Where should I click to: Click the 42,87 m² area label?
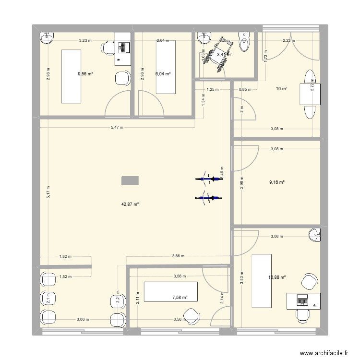pyautogui.click(x=130, y=204)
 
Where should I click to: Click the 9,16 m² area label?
pyautogui.click(x=277, y=182)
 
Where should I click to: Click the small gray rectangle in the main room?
pyautogui.click(x=130, y=180)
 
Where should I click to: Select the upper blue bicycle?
pyautogui.click(x=209, y=180)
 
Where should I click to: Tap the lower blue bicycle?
pyautogui.click(x=209, y=197)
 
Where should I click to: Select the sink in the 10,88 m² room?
pyautogui.click(x=314, y=235)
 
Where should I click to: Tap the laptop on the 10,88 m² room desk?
pyautogui.click(x=302, y=299)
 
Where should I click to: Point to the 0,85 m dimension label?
pyautogui.click(x=245, y=89)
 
